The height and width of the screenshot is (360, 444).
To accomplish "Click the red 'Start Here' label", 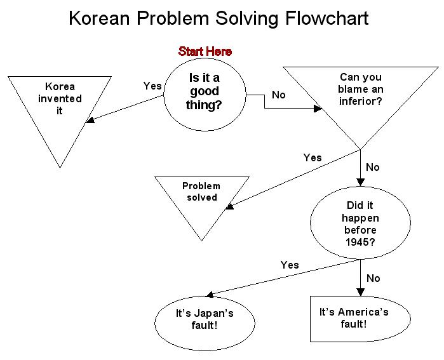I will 205,51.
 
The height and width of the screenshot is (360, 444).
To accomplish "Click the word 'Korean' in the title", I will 101,18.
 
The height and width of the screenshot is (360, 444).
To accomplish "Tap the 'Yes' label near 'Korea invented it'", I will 152,86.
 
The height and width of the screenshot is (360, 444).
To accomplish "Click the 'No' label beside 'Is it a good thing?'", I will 279,95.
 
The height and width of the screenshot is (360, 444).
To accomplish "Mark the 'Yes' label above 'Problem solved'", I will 312,157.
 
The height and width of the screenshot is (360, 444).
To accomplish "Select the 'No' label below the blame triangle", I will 373,168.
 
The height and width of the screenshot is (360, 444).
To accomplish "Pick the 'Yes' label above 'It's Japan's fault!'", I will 290,265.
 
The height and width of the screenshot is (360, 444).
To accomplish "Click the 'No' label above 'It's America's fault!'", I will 373,278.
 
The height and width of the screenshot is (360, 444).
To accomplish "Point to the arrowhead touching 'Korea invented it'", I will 90,119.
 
